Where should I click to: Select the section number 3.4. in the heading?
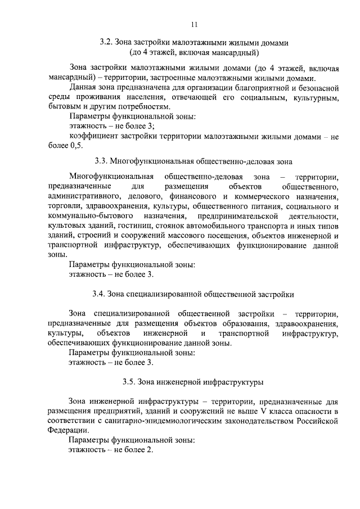(99, 294)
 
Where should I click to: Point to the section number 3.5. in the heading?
(130, 382)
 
